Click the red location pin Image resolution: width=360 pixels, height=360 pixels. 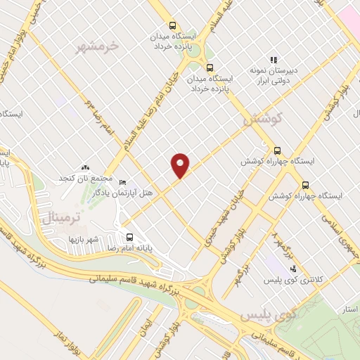tap(181, 165)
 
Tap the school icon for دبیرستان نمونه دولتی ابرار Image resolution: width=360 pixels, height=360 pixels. tap(274, 60)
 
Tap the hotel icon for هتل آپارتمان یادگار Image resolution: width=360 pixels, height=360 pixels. tap(124, 182)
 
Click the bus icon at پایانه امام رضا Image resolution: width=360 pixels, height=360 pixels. tap(129, 237)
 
